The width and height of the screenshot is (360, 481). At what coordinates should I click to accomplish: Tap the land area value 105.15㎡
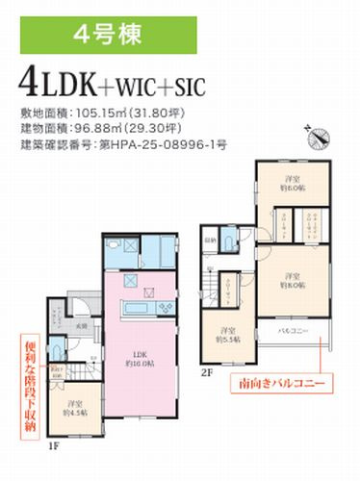pyautogui.click(x=110, y=111)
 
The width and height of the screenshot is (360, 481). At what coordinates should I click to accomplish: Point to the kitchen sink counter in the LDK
pyautogui.click(x=144, y=308)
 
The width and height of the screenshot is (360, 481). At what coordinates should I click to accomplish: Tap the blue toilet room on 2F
pyautogui.click(x=227, y=240)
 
